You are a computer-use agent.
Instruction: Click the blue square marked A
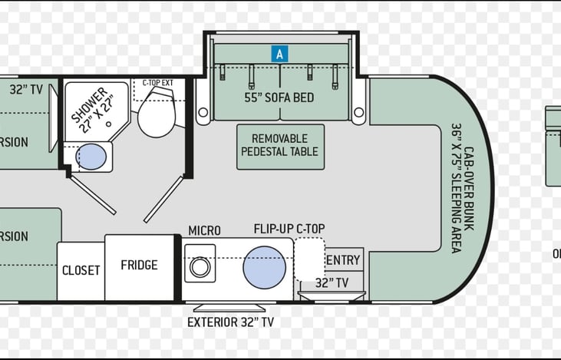(280, 54)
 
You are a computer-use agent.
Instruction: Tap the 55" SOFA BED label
(279, 97)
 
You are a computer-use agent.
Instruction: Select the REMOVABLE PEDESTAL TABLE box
(279, 145)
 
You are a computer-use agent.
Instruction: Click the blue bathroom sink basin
(92, 157)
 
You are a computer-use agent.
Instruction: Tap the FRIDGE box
(139, 266)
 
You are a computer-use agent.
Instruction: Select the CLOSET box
(81, 270)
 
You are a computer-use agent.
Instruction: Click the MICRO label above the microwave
(204, 230)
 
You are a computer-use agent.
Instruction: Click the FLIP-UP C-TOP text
(289, 229)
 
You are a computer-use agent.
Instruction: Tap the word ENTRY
(342, 261)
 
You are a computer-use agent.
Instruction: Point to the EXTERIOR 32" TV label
(230, 322)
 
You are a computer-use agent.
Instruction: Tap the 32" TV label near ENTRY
(332, 282)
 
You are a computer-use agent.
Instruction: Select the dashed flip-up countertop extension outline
(309, 259)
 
